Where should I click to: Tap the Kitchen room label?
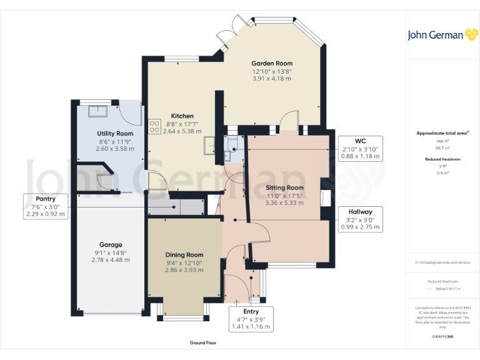tap(182, 116)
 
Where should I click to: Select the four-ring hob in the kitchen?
tap(154, 127)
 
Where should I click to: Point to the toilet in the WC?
tap(231, 146)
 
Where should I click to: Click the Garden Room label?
tap(272, 63)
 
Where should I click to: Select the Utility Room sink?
tap(97, 111)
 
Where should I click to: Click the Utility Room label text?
tap(115, 134)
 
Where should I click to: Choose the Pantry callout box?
tap(45, 206)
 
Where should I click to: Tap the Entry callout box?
tap(250, 319)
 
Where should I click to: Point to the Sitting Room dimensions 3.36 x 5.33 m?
tap(284, 202)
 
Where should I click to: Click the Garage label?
tap(111, 245)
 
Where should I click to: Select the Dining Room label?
tap(184, 255)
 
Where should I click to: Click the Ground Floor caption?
tap(203, 343)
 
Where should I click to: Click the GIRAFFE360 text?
tap(443, 337)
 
